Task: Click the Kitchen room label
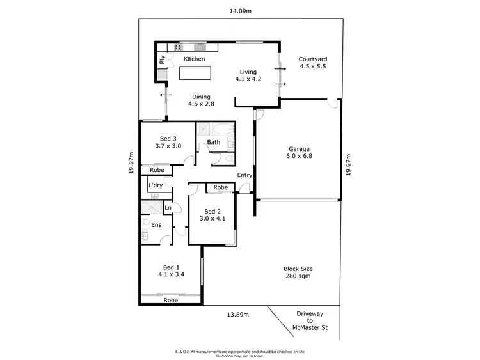[x=195, y=59]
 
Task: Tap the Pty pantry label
[x=163, y=61]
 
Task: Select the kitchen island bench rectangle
[x=198, y=74]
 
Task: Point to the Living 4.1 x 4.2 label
[x=248, y=76]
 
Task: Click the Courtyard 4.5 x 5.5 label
[x=313, y=63]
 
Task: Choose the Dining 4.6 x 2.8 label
[x=199, y=100]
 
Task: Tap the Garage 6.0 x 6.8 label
[x=299, y=153]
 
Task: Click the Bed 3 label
[x=168, y=142]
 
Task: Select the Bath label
[x=214, y=142]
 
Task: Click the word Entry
[x=244, y=175]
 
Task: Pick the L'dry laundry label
[x=156, y=185]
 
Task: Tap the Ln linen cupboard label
[x=168, y=208]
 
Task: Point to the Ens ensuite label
[x=156, y=224]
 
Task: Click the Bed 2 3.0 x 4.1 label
[x=212, y=215]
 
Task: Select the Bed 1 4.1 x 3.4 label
[x=170, y=271]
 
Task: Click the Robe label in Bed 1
[x=170, y=299]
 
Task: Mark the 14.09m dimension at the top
[x=241, y=10]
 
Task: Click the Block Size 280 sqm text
[x=298, y=273]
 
